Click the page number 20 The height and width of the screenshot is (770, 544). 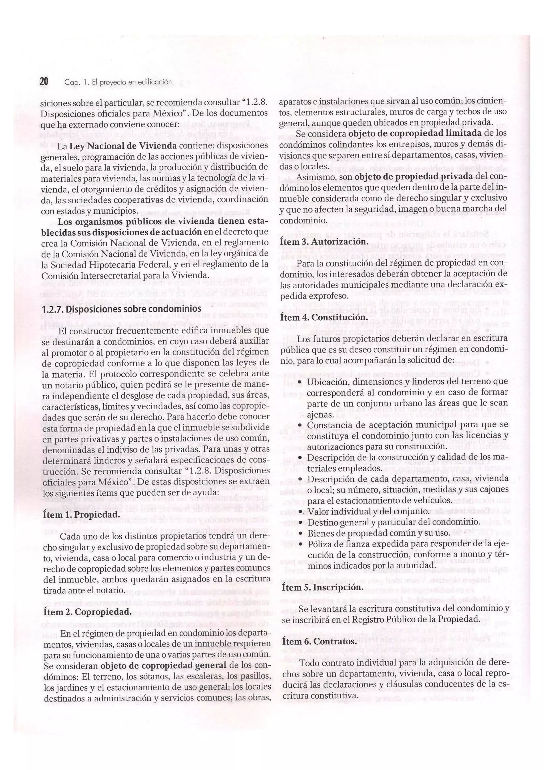tap(44, 82)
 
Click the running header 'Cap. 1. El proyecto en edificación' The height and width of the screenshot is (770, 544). tap(118, 82)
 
